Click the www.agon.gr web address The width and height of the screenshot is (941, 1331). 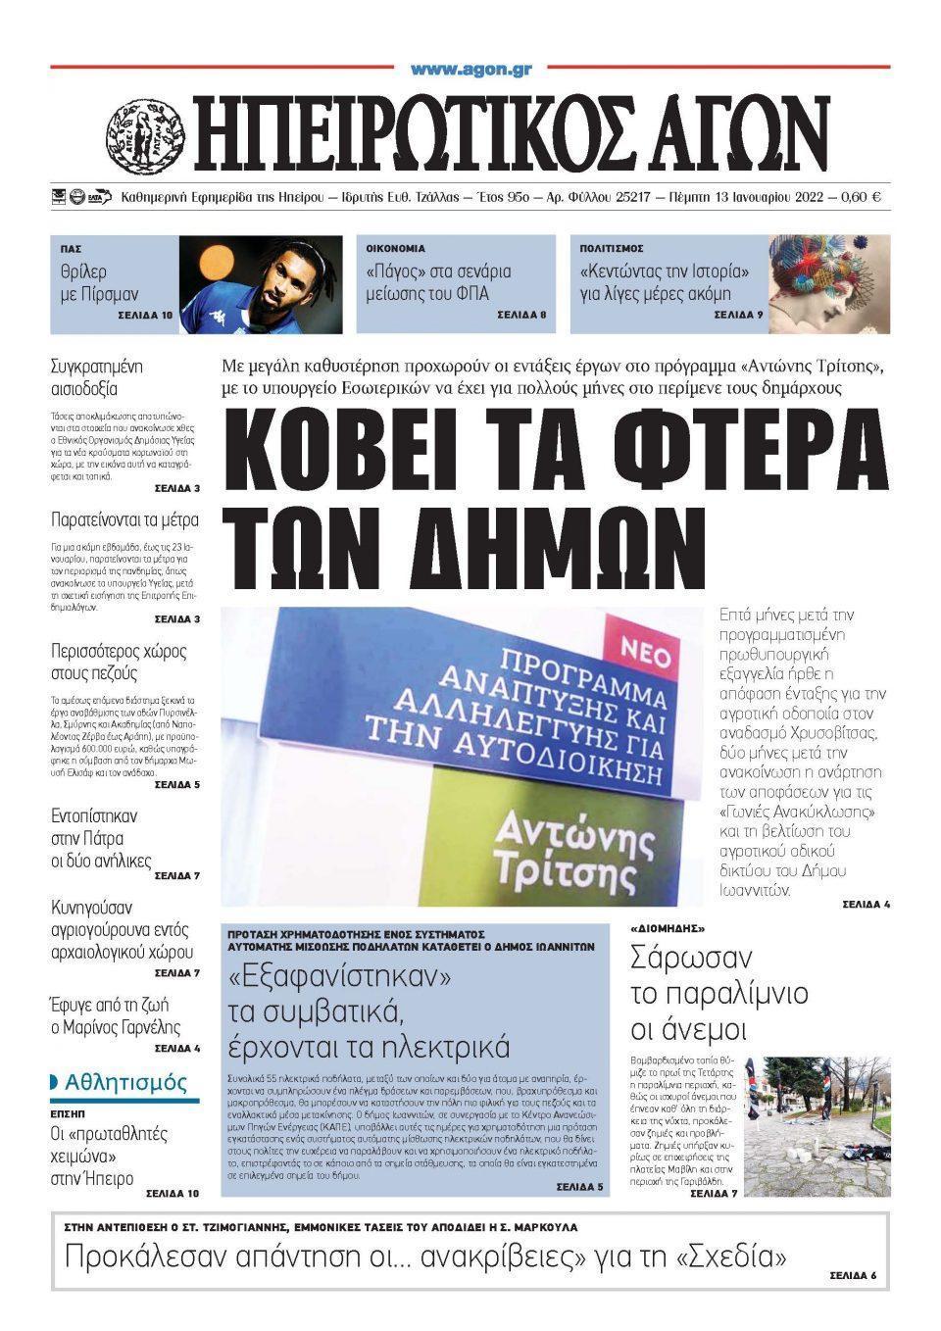click(x=470, y=69)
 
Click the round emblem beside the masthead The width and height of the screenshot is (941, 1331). click(x=145, y=132)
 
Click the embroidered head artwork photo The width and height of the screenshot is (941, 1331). click(x=828, y=284)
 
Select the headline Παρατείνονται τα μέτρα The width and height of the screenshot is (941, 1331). click(x=124, y=520)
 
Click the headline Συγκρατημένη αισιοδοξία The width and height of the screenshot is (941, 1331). click(x=97, y=378)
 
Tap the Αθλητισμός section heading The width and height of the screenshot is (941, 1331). click(x=124, y=1083)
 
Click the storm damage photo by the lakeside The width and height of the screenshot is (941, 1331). click(x=817, y=1127)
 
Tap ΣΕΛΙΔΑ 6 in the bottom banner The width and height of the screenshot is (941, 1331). click(x=852, y=1275)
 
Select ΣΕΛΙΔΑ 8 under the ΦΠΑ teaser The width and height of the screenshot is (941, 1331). click(x=521, y=316)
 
